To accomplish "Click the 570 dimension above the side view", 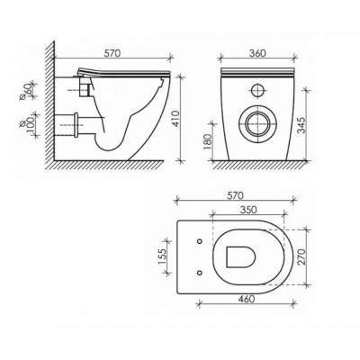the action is tap(112, 53).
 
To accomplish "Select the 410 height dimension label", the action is tap(175, 119).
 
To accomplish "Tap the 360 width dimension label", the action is tap(257, 53).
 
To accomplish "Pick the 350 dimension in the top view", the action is tap(248, 210).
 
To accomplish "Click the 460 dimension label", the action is tap(246, 299).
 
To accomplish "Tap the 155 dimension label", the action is tap(162, 256).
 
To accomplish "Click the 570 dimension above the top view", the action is tap(234, 195).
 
